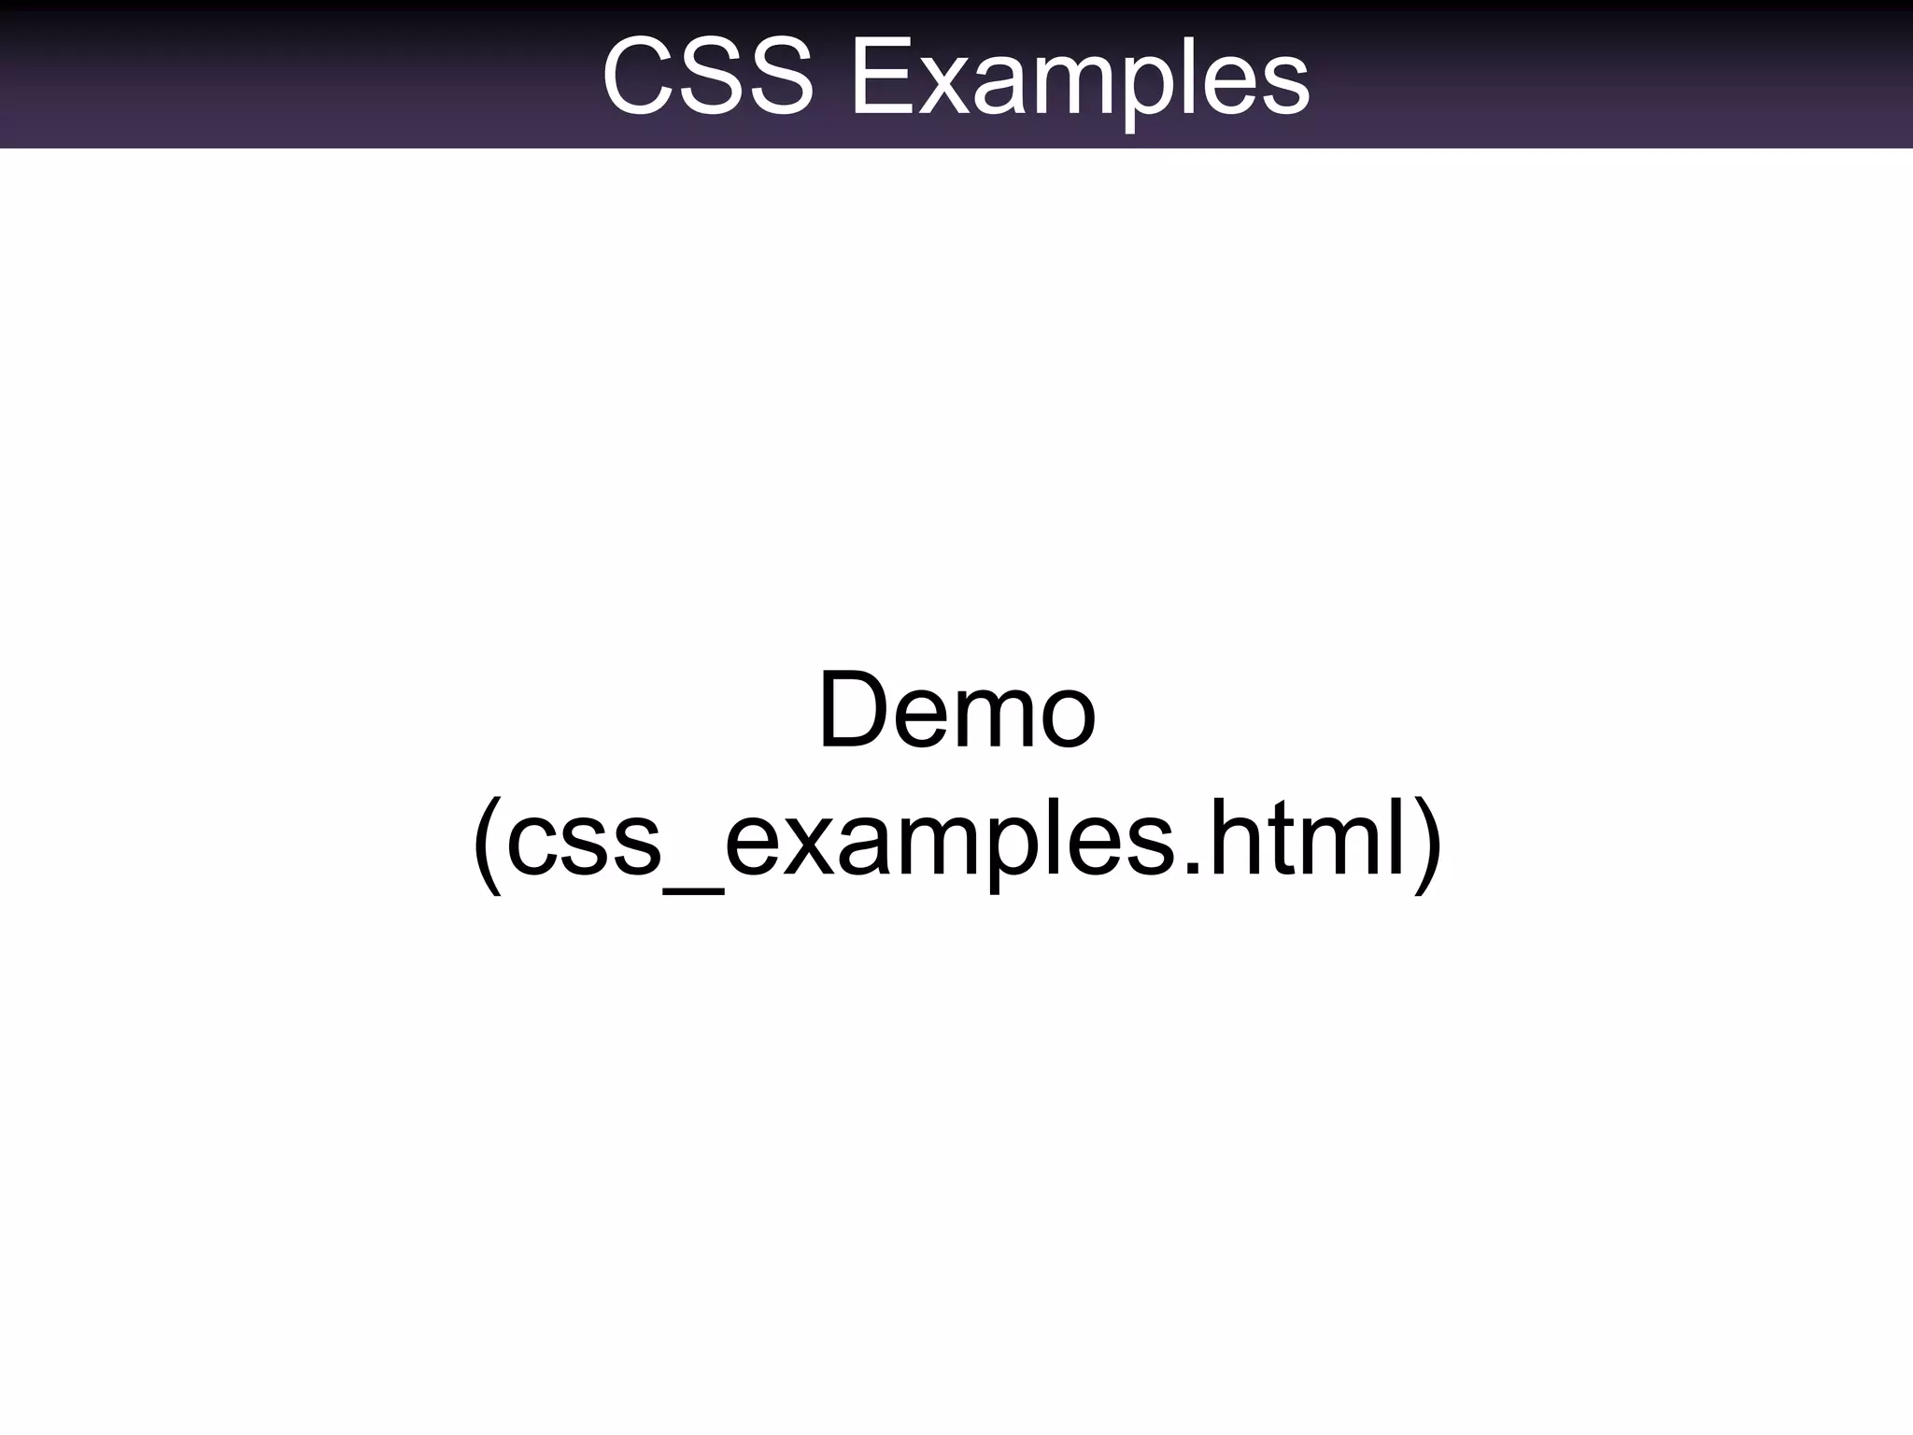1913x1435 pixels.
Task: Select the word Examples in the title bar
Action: [x=1080, y=79]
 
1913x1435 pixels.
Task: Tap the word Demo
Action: [x=956, y=712]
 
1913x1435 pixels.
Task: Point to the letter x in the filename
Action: [x=811, y=845]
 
